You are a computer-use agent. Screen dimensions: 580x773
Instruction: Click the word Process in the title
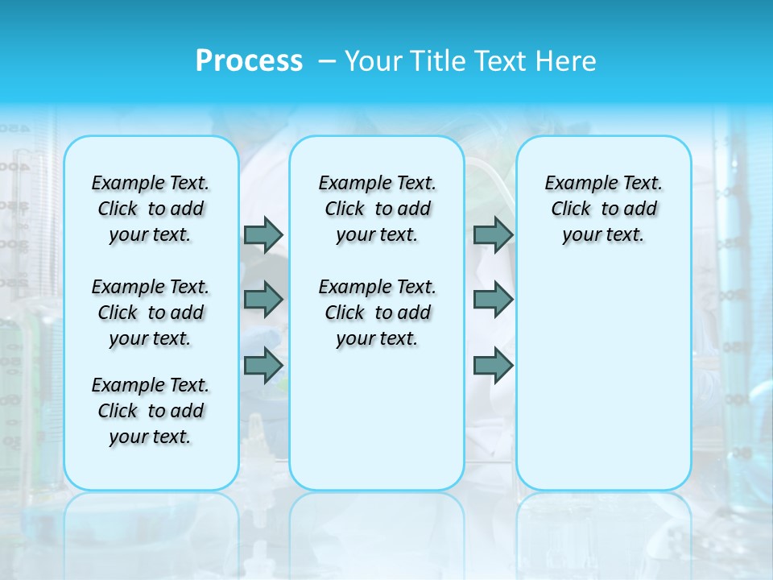pos(249,60)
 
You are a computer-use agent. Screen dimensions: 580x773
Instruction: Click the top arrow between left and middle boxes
pos(263,234)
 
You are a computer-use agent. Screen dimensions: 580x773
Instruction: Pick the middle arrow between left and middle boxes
pos(263,300)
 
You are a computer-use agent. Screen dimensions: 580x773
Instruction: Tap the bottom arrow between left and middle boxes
pos(263,366)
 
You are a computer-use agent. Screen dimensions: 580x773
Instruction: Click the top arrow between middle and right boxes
pos(493,234)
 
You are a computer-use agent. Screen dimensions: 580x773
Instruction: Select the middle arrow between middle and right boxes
pos(493,300)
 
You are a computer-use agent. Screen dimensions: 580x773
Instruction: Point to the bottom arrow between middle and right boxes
pos(493,366)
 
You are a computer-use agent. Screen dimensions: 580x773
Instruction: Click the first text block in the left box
pos(151,209)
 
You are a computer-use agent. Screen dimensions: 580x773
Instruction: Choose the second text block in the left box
pos(151,313)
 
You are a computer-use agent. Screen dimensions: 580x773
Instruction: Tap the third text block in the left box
pos(151,411)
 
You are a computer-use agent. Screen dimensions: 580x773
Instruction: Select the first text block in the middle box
pos(377,209)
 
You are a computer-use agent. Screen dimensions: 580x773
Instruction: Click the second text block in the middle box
pos(377,313)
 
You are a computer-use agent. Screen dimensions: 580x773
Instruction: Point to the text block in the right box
pos(603,209)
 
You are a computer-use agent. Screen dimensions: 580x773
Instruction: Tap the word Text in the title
pos(502,61)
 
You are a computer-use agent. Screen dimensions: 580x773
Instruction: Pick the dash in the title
pos(327,61)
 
